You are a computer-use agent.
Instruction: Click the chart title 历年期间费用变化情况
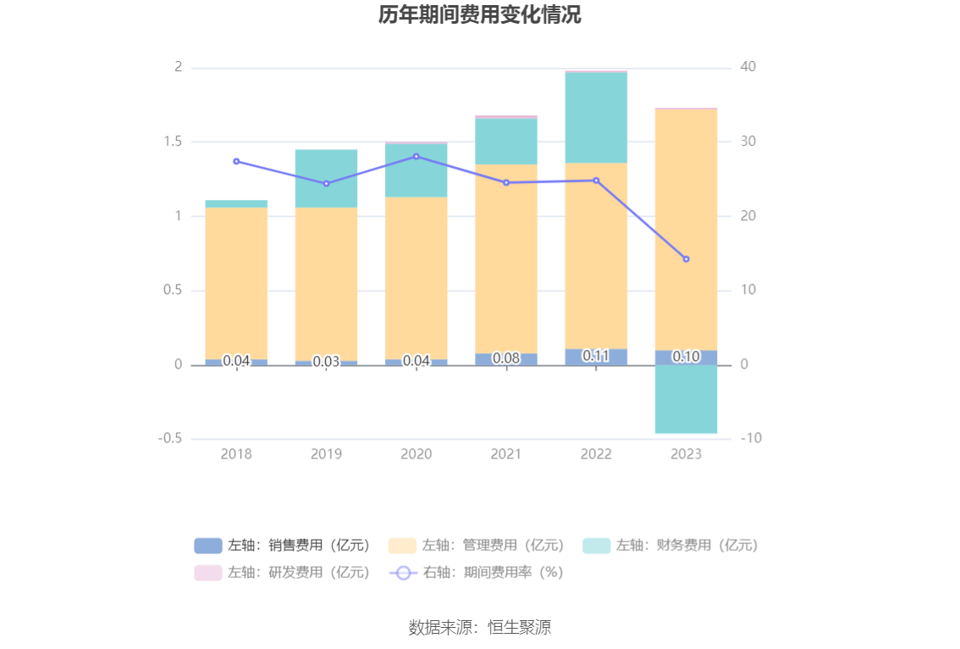[x=479, y=15]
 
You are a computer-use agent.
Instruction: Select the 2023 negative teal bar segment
[x=686, y=400]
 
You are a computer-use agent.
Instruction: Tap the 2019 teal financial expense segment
[x=326, y=179]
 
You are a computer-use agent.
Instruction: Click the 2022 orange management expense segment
[x=596, y=254]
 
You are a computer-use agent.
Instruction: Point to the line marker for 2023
[x=686, y=259]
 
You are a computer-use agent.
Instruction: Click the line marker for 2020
[x=416, y=157]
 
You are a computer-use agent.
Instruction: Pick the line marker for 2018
[x=236, y=161]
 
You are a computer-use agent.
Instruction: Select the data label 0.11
[x=596, y=356]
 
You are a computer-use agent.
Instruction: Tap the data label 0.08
[x=506, y=358]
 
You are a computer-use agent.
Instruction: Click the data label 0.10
[x=686, y=357]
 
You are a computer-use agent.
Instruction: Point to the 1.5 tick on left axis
[x=173, y=141]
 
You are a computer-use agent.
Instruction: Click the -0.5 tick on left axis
[x=169, y=439]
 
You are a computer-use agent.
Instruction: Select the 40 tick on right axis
[x=748, y=67]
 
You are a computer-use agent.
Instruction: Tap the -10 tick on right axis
[x=750, y=439]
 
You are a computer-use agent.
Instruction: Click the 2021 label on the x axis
[x=506, y=454]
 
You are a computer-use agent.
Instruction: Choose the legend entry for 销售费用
[x=282, y=546]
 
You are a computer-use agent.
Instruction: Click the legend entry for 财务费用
[x=670, y=546]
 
